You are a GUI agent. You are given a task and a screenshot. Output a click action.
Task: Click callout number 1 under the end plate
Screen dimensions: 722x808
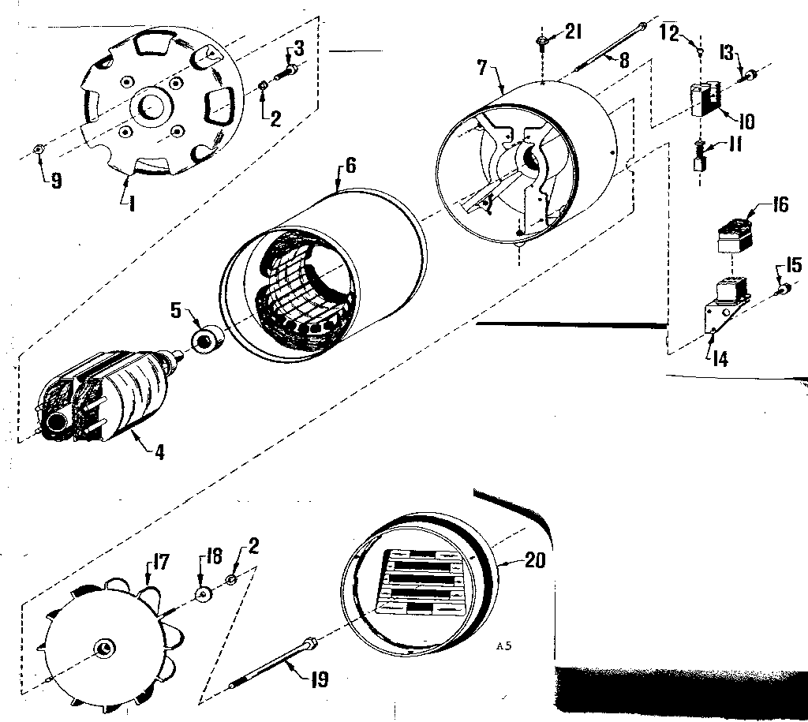(x=131, y=204)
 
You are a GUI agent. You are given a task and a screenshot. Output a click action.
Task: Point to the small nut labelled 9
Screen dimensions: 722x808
(x=39, y=149)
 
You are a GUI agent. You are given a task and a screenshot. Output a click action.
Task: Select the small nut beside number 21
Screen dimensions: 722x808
(x=542, y=40)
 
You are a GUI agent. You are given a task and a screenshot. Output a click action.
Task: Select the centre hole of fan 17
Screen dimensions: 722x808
(x=103, y=648)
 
